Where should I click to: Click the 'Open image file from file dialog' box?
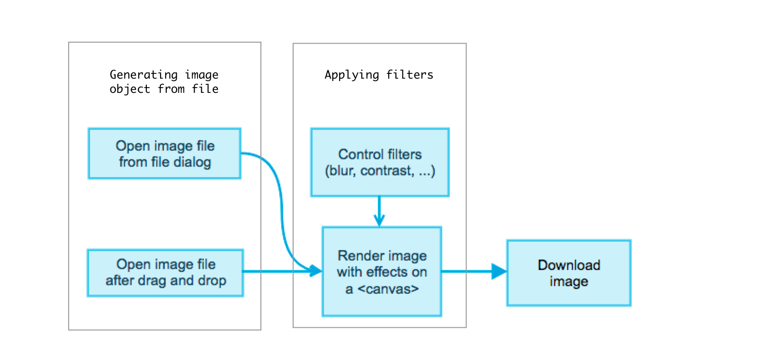(164, 153)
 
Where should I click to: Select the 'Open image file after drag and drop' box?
(165, 273)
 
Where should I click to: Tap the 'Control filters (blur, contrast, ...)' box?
(380, 162)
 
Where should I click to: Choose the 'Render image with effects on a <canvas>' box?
(382, 271)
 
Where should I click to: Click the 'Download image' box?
(569, 273)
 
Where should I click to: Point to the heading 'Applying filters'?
(379, 75)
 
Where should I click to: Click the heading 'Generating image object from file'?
(164, 82)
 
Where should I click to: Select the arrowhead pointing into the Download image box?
(499, 271)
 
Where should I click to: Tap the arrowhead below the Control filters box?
(379, 220)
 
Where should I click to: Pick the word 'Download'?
(569, 265)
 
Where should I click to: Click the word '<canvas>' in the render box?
(388, 289)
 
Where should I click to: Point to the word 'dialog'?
(192, 162)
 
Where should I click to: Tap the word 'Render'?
(358, 256)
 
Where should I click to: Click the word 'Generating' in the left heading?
(143, 75)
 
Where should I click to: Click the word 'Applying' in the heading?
(352, 75)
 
